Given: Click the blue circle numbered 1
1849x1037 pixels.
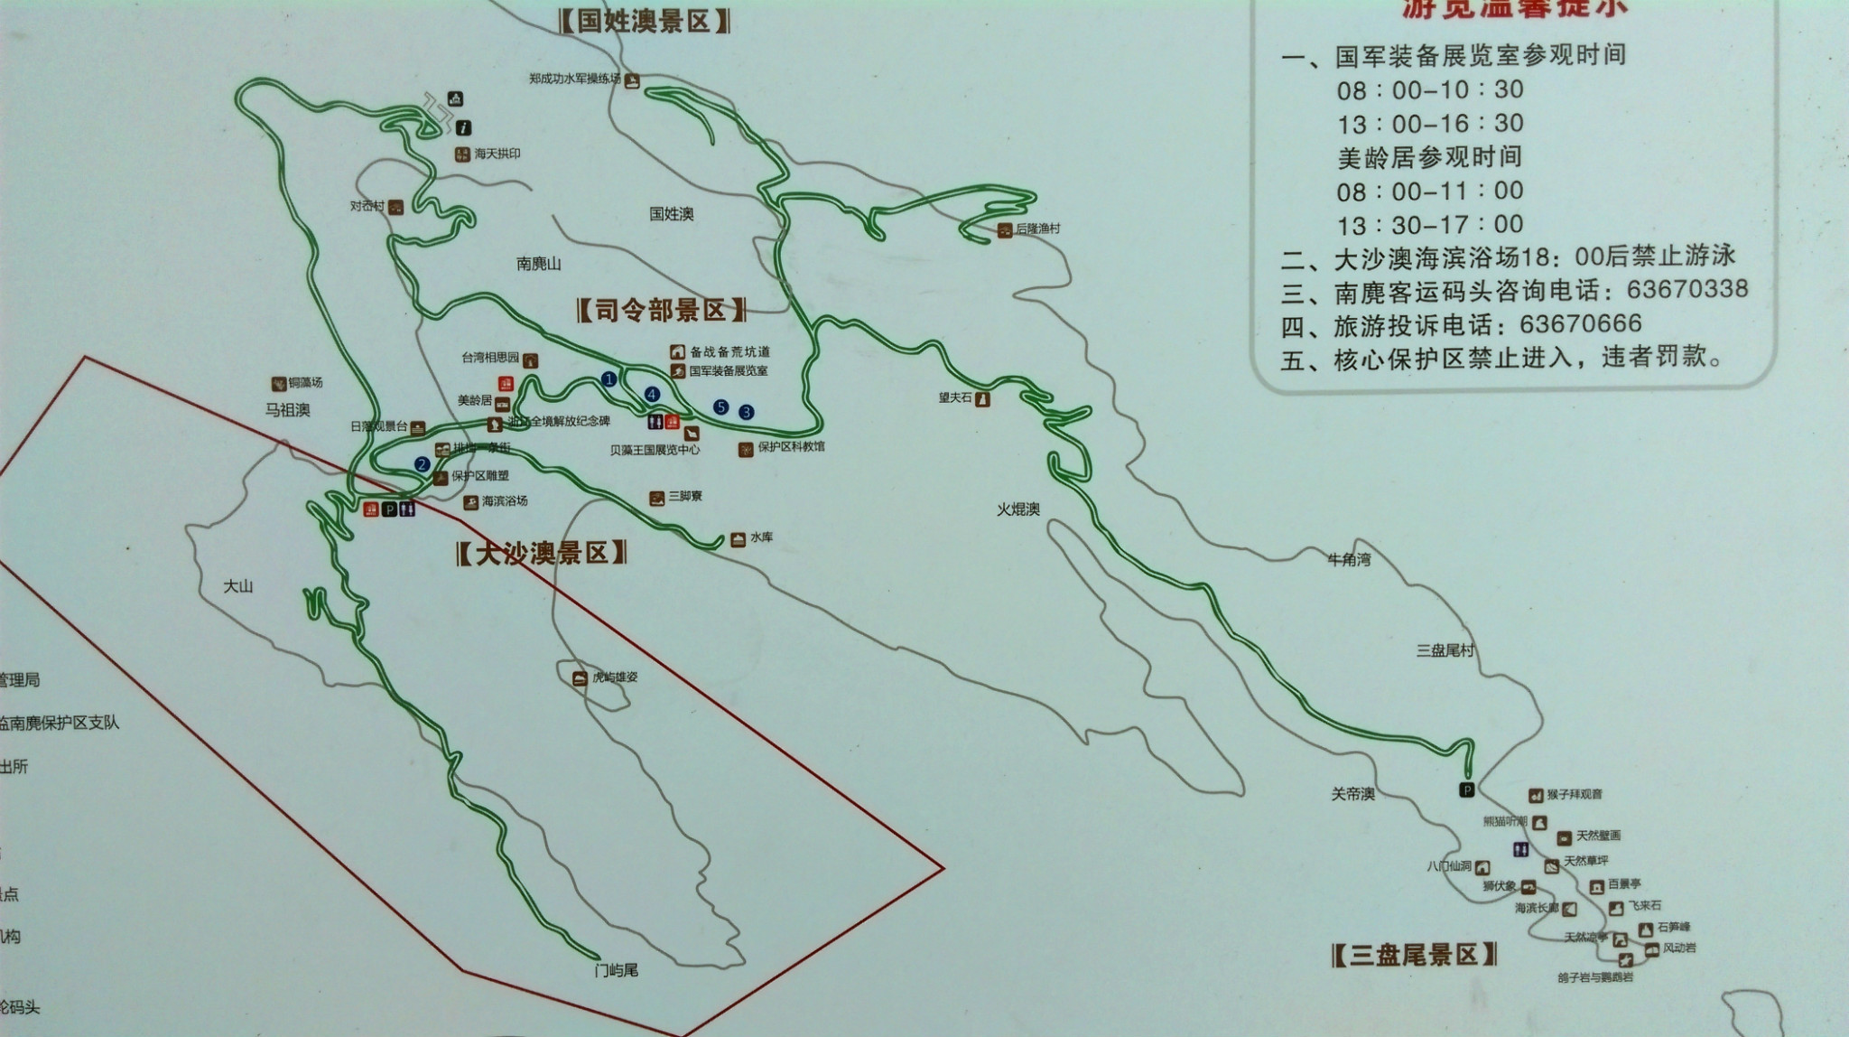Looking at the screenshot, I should pyautogui.click(x=609, y=378).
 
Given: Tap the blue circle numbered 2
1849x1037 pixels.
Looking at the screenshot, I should pyautogui.click(x=422, y=464).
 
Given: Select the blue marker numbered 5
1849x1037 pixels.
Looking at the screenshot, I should pyautogui.click(x=720, y=406).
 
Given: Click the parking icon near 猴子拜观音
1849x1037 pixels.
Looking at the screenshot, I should pyautogui.click(x=1467, y=790).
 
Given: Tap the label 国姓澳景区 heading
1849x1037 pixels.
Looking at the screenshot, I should pyautogui.click(x=645, y=21).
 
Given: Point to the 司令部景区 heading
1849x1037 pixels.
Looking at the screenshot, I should pyautogui.click(x=662, y=311).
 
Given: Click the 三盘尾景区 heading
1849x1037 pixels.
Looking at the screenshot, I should pyautogui.click(x=1414, y=954).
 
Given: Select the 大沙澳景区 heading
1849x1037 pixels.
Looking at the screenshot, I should pyautogui.click(x=542, y=553).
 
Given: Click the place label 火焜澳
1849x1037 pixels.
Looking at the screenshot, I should pyautogui.click(x=1018, y=509).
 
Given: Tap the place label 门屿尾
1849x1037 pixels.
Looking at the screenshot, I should pyautogui.click(x=617, y=970).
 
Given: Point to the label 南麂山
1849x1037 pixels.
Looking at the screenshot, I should pyautogui.click(x=539, y=264).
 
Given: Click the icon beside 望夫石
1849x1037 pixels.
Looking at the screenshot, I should pyautogui.click(x=983, y=398).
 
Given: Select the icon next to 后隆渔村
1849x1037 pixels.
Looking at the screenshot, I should pyautogui.click(x=1005, y=230).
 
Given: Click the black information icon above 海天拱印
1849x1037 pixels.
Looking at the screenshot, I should pyautogui.click(x=464, y=127).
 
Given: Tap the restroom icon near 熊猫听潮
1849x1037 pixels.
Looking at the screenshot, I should pyautogui.click(x=1522, y=849).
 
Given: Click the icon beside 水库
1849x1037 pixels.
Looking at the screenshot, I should pyautogui.click(x=739, y=539).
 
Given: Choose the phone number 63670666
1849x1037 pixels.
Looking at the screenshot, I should pyautogui.click(x=1581, y=323).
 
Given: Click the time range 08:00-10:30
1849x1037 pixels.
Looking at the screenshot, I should pyautogui.click(x=1430, y=89).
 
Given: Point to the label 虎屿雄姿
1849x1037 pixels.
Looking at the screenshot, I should pyautogui.click(x=614, y=677).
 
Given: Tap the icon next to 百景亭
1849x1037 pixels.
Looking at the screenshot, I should pyautogui.click(x=1597, y=886).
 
